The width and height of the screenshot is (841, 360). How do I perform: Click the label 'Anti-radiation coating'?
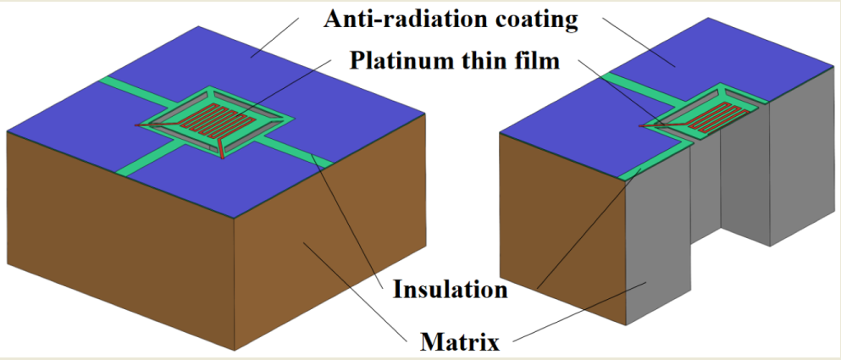point(450,19)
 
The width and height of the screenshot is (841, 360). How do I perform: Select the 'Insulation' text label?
point(450,290)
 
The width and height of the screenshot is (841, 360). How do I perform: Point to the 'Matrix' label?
point(457,342)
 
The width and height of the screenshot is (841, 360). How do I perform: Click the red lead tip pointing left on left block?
point(138,127)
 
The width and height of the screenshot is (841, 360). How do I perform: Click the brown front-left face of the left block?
point(119,246)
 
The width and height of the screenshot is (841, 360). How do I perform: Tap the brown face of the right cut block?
point(559,229)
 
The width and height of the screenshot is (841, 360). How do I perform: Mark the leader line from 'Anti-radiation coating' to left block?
point(279,38)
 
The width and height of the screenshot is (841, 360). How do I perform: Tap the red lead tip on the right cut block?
point(642,127)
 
